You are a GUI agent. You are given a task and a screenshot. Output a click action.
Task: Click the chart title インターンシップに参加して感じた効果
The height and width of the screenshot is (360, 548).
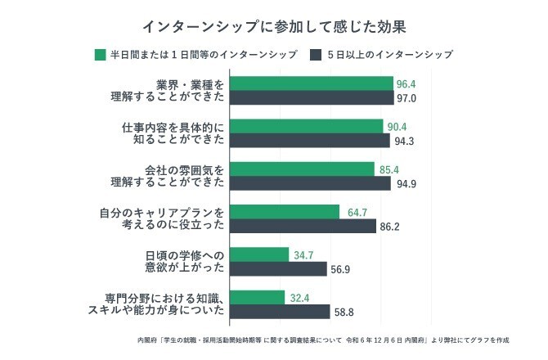tap(274, 26)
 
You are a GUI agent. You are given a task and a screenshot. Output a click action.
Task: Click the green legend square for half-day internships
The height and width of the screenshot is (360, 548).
tap(101, 56)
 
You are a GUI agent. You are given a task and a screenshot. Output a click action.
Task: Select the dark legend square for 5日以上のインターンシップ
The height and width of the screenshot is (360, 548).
tap(316, 56)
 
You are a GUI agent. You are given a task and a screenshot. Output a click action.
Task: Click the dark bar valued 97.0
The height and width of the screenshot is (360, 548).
tap(312, 98)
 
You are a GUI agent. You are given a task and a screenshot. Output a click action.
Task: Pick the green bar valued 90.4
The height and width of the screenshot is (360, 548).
tap(307, 126)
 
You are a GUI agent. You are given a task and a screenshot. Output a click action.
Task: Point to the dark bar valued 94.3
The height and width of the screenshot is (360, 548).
tap(310, 141)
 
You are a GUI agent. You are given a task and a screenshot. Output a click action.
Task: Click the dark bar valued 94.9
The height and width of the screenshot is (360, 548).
tap(310, 183)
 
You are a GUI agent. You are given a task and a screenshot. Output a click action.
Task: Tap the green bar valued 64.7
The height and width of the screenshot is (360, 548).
tap(285, 211)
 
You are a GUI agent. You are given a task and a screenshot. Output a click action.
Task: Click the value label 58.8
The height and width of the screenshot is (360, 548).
tap(344, 312)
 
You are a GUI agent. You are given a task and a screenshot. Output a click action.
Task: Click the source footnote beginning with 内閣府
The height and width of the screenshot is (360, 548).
tap(324, 339)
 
